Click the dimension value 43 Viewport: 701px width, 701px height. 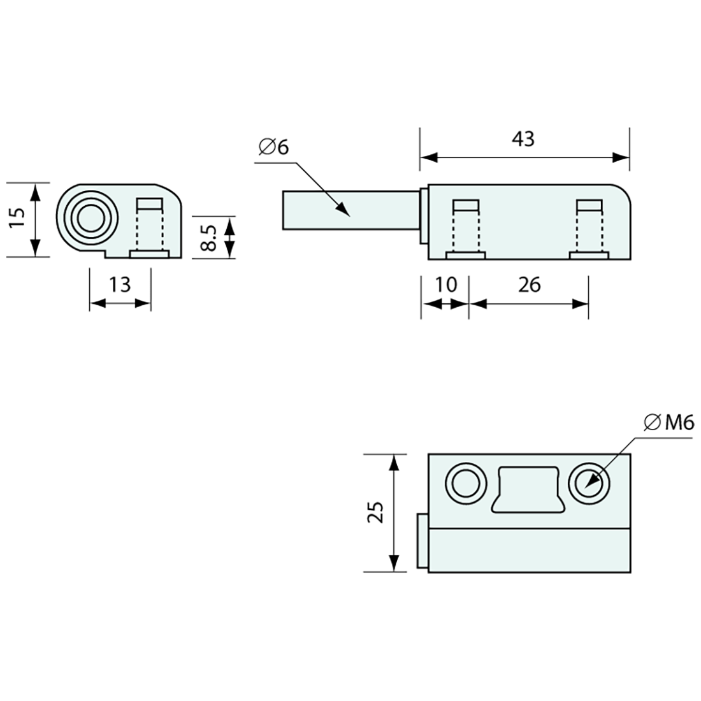(x=523, y=139)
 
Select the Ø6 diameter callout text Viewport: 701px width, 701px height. (x=274, y=147)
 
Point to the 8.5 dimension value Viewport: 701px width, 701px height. (x=208, y=238)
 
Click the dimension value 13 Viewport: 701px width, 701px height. (x=119, y=285)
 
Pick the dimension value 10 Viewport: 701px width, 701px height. (x=445, y=285)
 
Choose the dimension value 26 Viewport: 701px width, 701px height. (x=530, y=285)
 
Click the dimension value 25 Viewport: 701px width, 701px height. (x=375, y=512)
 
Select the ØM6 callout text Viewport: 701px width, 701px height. (x=668, y=423)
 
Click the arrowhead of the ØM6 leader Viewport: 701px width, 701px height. (x=591, y=482)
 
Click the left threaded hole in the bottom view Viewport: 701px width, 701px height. (x=466, y=484)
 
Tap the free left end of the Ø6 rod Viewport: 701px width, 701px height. (x=282, y=210)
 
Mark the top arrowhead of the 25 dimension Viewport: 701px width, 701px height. (x=393, y=463)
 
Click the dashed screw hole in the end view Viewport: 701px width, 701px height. (x=149, y=228)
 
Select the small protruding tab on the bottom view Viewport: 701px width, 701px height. (x=421, y=541)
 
